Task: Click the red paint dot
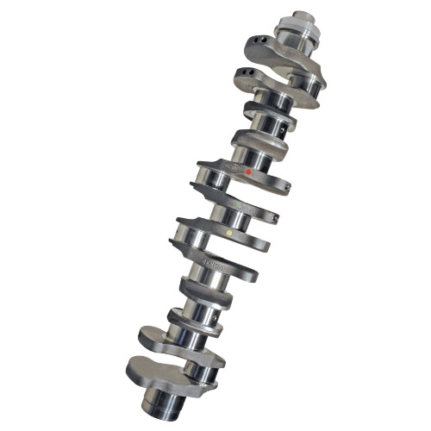[249, 172]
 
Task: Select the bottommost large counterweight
[155, 371]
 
